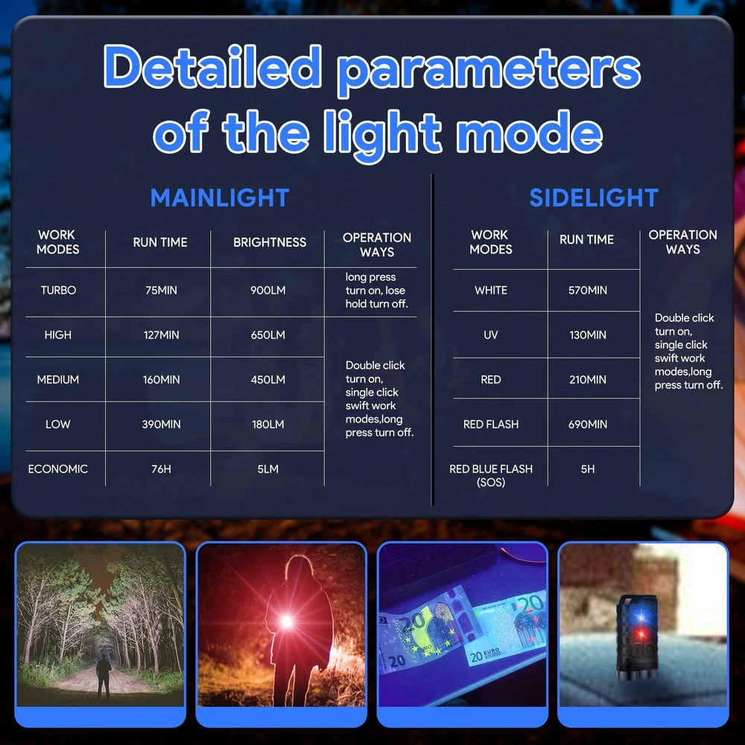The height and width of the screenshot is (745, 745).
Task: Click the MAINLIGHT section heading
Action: click(220, 197)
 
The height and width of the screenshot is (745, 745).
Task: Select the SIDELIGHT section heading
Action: click(594, 197)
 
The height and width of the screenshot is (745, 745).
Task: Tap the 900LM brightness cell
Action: click(268, 291)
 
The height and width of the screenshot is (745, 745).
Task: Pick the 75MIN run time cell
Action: click(161, 291)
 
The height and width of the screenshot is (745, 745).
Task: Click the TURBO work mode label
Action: click(58, 291)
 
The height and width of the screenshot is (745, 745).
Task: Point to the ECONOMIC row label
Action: click(58, 469)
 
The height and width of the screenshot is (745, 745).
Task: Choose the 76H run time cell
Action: click(161, 469)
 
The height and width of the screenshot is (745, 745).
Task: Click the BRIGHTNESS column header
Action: click(270, 242)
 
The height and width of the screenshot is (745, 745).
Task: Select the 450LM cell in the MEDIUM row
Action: click(268, 380)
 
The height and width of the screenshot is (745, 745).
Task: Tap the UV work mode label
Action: click(491, 335)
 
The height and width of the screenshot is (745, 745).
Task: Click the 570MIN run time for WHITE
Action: click(588, 291)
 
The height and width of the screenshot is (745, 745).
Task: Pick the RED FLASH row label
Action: click(491, 425)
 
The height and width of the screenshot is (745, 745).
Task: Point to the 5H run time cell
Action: click(588, 469)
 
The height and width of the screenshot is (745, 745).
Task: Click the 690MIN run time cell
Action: click(588, 425)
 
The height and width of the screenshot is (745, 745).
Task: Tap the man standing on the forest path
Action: click(103, 676)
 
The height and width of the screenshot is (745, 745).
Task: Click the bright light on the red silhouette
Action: click(287, 621)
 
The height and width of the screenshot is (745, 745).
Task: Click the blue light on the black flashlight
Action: click(641, 617)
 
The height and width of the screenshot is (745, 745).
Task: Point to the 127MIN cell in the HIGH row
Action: click(161, 335)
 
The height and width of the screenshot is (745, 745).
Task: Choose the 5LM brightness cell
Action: click(268, 469)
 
